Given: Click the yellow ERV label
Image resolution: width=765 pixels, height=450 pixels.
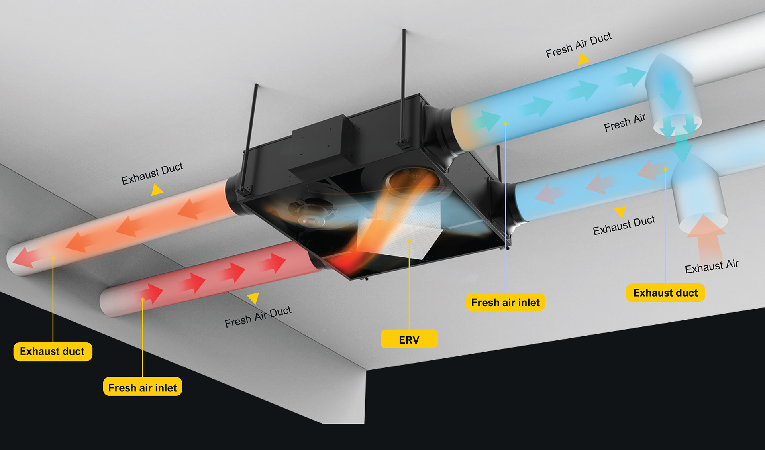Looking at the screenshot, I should click(x=409, y=339).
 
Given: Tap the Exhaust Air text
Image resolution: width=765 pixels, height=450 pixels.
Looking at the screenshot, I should click(x=712, y=266).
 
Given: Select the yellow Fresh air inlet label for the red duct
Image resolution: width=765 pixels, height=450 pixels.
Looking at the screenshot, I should click(x=142, y=387).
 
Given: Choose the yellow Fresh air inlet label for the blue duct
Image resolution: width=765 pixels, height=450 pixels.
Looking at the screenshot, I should click(x=505, y=302).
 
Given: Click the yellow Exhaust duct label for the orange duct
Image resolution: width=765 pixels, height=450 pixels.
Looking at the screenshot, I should click(x=53, y=351).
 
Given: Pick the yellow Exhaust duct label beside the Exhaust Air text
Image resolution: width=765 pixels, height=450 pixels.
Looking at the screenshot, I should click(x=665, y=293).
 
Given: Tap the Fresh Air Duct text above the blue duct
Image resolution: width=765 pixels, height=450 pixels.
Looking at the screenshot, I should click(x=579, y=45).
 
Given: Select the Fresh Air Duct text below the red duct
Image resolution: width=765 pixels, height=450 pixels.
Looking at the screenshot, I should click(x=258, y=317).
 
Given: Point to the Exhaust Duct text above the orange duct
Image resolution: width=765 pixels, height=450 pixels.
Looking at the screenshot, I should click(x=152, y=173).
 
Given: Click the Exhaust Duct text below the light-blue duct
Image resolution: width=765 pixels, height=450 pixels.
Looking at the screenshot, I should click(x=624, y=226).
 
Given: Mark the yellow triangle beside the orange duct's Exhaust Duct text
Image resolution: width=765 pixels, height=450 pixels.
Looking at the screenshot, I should click(x=157, y=190).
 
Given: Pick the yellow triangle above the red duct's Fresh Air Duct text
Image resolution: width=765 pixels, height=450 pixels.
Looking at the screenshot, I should click(x=253, y=297).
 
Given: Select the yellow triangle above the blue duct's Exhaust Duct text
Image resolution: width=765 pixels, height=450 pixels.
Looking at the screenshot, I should click(x=620, y=211).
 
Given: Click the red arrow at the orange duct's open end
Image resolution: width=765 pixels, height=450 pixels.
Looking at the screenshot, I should click(x=23, y=257).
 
